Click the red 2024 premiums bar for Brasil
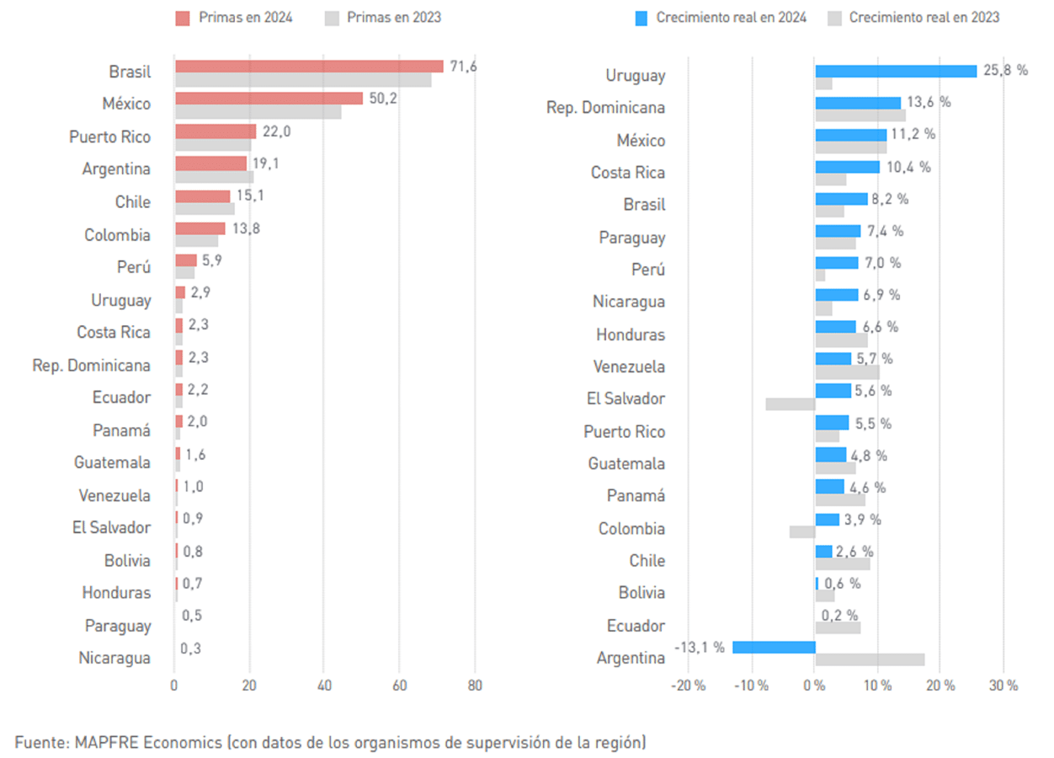(308, 67)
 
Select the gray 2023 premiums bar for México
(258, 111)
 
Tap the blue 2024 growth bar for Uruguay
(896, 71)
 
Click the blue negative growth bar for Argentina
(774, 647)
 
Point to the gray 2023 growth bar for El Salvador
(790, 404)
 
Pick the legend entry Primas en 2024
(234, 17)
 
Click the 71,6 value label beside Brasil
(463, 67)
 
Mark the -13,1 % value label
(700, 647)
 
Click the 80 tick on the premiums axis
(475, 686)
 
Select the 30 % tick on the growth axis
(1003, 686)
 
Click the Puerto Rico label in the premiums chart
(109, 136)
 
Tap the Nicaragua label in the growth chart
(629, 302)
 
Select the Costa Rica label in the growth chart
(627, 173)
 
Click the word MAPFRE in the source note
(107, 742)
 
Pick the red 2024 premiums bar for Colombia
(200, 228)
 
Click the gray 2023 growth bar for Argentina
(870, 659)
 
